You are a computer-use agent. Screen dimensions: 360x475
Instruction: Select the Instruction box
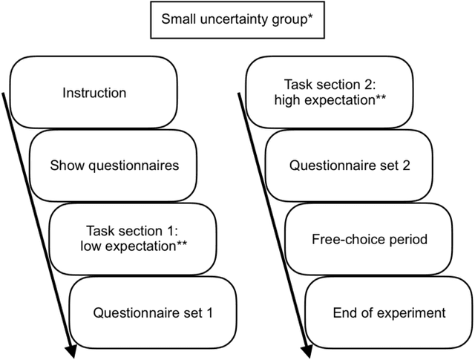pyautogui.click(x=95, y=94)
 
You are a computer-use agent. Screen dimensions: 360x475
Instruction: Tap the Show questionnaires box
pyautogui.click(x=115, y=166)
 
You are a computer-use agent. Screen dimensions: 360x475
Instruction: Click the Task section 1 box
pyautogui.click(x=136, y=238)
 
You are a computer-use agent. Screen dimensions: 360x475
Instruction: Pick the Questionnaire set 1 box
pyautogui.click(x=153, y=312)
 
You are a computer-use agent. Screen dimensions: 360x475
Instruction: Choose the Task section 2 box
pyautogui.click(x=330, y=93)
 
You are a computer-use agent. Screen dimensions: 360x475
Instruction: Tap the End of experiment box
pyautogui.click(x=389, y=312)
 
